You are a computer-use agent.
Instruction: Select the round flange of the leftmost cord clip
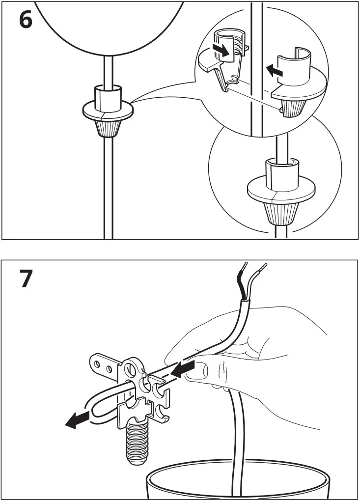point(108,111)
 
